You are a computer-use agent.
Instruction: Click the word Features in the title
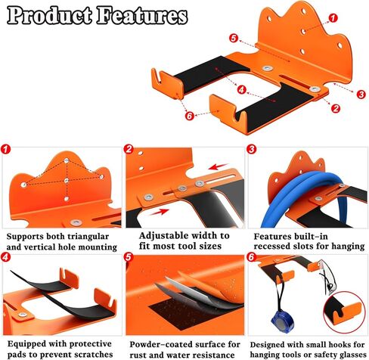142,15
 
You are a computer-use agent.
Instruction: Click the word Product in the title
49,15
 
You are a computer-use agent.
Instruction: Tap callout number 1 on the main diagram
333,18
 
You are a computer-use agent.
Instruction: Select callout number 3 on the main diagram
361,95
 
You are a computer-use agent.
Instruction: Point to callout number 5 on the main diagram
234,38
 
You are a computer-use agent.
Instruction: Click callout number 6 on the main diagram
190,116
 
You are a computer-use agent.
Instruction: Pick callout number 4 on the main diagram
241,89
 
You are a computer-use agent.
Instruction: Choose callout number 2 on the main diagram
336,108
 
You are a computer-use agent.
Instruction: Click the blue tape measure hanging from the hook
281,322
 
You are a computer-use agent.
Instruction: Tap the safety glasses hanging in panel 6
327,278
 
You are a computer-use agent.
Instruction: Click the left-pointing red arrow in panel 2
219,166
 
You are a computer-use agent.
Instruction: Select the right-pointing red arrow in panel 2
159,212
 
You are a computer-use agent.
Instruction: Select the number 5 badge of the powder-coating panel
129,257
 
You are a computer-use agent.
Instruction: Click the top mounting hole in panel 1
67,160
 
